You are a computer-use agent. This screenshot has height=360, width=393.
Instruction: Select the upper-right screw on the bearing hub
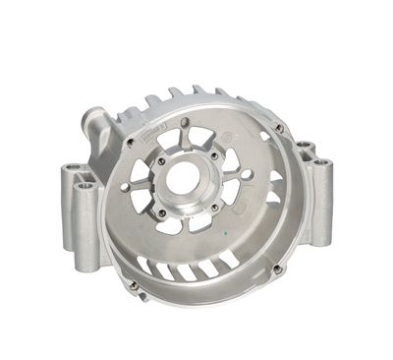[211, 151]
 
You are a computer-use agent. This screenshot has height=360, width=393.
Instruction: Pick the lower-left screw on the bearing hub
[161, 212]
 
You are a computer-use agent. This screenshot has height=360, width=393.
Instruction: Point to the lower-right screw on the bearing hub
[211, 206]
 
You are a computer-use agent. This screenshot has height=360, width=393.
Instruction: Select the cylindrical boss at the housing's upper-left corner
[95, 123]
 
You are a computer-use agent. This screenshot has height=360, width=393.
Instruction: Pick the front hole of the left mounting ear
[85, 184]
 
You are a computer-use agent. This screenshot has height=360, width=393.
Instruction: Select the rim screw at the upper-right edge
[280, 127]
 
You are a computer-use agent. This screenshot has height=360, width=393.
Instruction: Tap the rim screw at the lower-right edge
[277, 269]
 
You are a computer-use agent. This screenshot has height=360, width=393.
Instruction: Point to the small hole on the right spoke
[247, 175]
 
